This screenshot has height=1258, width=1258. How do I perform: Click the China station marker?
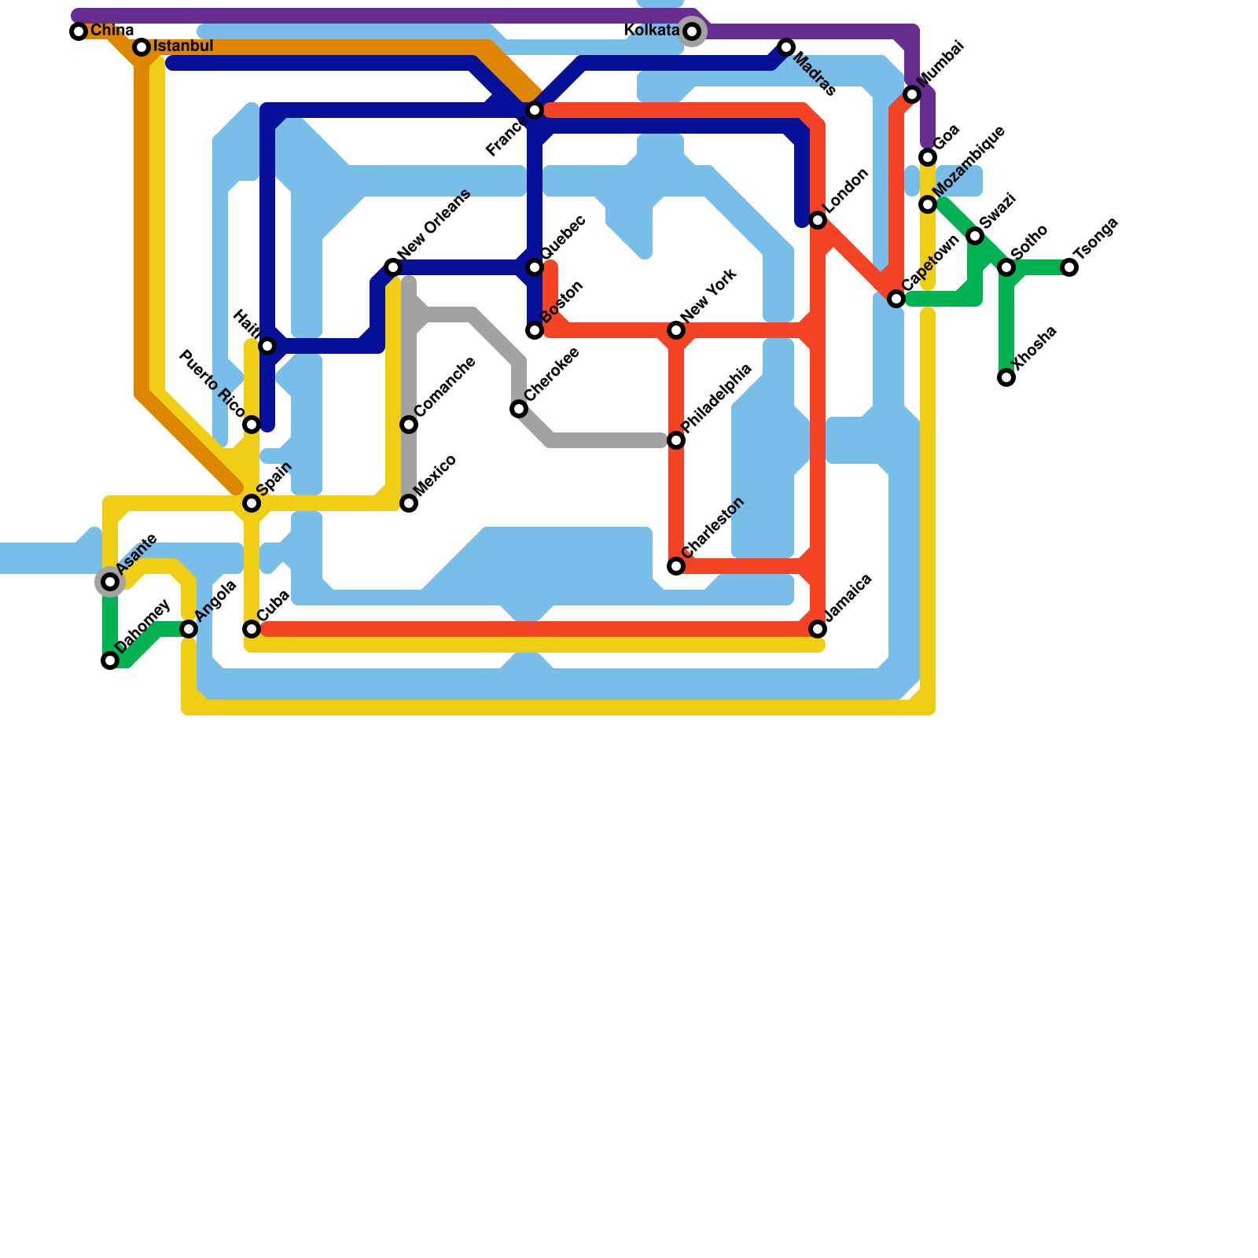[x=79, y=31]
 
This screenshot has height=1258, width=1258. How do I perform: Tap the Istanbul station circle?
[x=142, y=47]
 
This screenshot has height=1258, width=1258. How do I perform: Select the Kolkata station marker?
[x=692, y=31]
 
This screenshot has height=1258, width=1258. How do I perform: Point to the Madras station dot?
[x=786, y=47]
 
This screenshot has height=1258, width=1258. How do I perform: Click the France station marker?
[x=535, y=110]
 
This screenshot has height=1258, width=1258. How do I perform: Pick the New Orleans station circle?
[x=393, y=267]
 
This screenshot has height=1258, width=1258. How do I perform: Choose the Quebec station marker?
[x=535, y=267]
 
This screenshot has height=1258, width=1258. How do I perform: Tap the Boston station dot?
[x=535, y=330]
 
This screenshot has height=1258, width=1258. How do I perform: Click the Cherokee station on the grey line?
[x=519, y=409]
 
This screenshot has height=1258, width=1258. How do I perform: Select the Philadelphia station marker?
[x=676, y=440]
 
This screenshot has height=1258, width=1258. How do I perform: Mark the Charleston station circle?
[x=676, y=566]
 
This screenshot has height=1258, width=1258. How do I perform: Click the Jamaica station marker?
[x=818, y=629]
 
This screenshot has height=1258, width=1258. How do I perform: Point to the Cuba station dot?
[x=252, y=629]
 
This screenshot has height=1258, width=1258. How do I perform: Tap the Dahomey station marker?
[x=110, y=660]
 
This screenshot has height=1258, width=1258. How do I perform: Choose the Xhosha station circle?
[x=1006, y=377]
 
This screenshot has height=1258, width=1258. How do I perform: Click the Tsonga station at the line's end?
[x=1069, y=267]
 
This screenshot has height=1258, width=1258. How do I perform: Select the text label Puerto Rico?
[x=212, y=383]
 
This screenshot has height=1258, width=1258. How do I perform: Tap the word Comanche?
[x=444, y=387]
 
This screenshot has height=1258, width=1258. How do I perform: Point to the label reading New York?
[x=709, y=295]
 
